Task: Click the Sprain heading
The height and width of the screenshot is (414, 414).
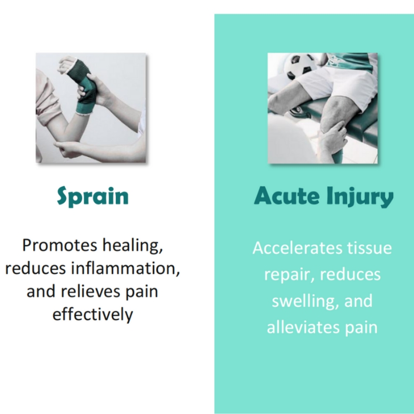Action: [x=92, y=198]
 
